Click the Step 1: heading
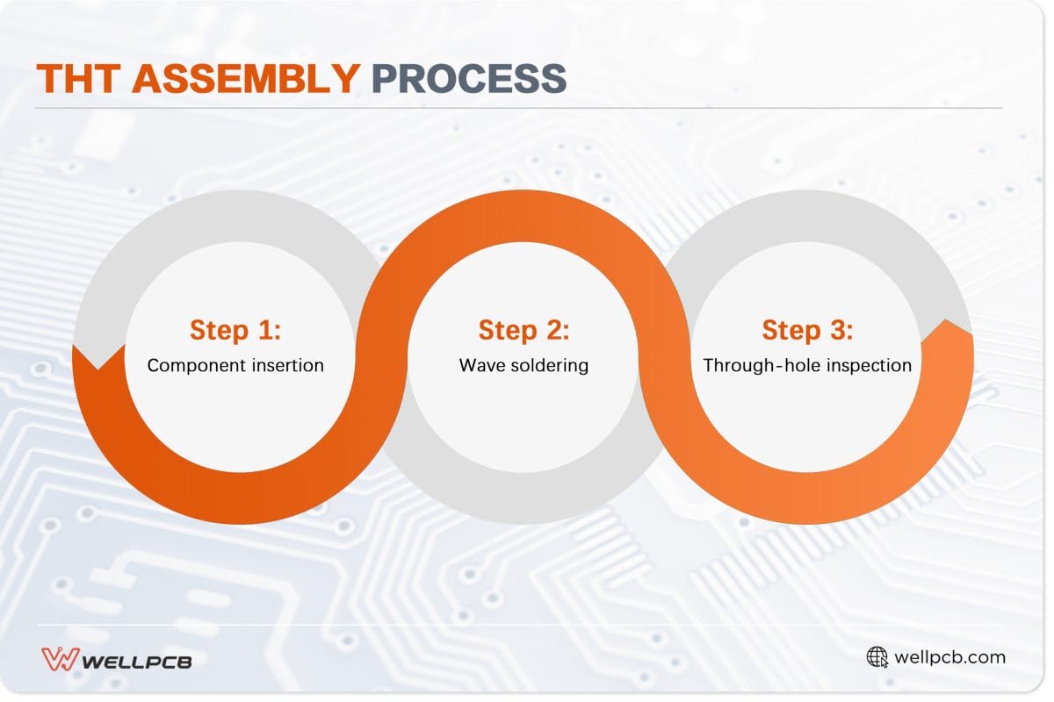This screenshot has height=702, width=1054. [x=235, y=331]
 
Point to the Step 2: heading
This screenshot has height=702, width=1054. [x=523, y=331]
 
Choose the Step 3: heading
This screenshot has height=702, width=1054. [x=807, y=331]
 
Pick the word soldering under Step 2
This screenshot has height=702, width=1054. [x=548, y=365]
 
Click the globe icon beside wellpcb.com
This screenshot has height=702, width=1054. [x=877, y=657]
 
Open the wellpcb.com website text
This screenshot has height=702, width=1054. [x=949, y=657]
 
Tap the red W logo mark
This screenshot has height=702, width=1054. [x=60, y=659]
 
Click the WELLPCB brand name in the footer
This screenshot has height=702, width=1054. [x=136, y=660]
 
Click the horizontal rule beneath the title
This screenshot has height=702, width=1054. [x=518, y=108]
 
